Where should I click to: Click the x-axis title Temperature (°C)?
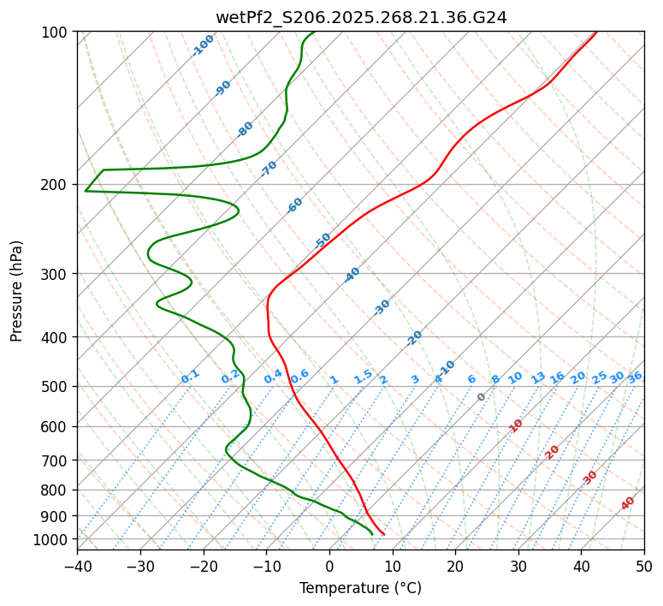[360, 588]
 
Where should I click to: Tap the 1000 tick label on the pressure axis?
[53, 539]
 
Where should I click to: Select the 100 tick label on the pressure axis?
[56, 32]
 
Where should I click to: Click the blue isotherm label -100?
[203, 45]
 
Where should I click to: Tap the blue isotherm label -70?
[269, 168]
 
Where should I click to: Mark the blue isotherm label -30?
[382, 306]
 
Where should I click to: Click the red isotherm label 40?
[628, 503]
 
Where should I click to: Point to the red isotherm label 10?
[516, 425]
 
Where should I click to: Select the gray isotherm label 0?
[482, 397]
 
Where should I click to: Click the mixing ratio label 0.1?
[190, 376]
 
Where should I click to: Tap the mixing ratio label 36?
[635, 377]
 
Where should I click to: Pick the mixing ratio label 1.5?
[363, 376]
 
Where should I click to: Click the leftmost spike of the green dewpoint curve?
[86, 190]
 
